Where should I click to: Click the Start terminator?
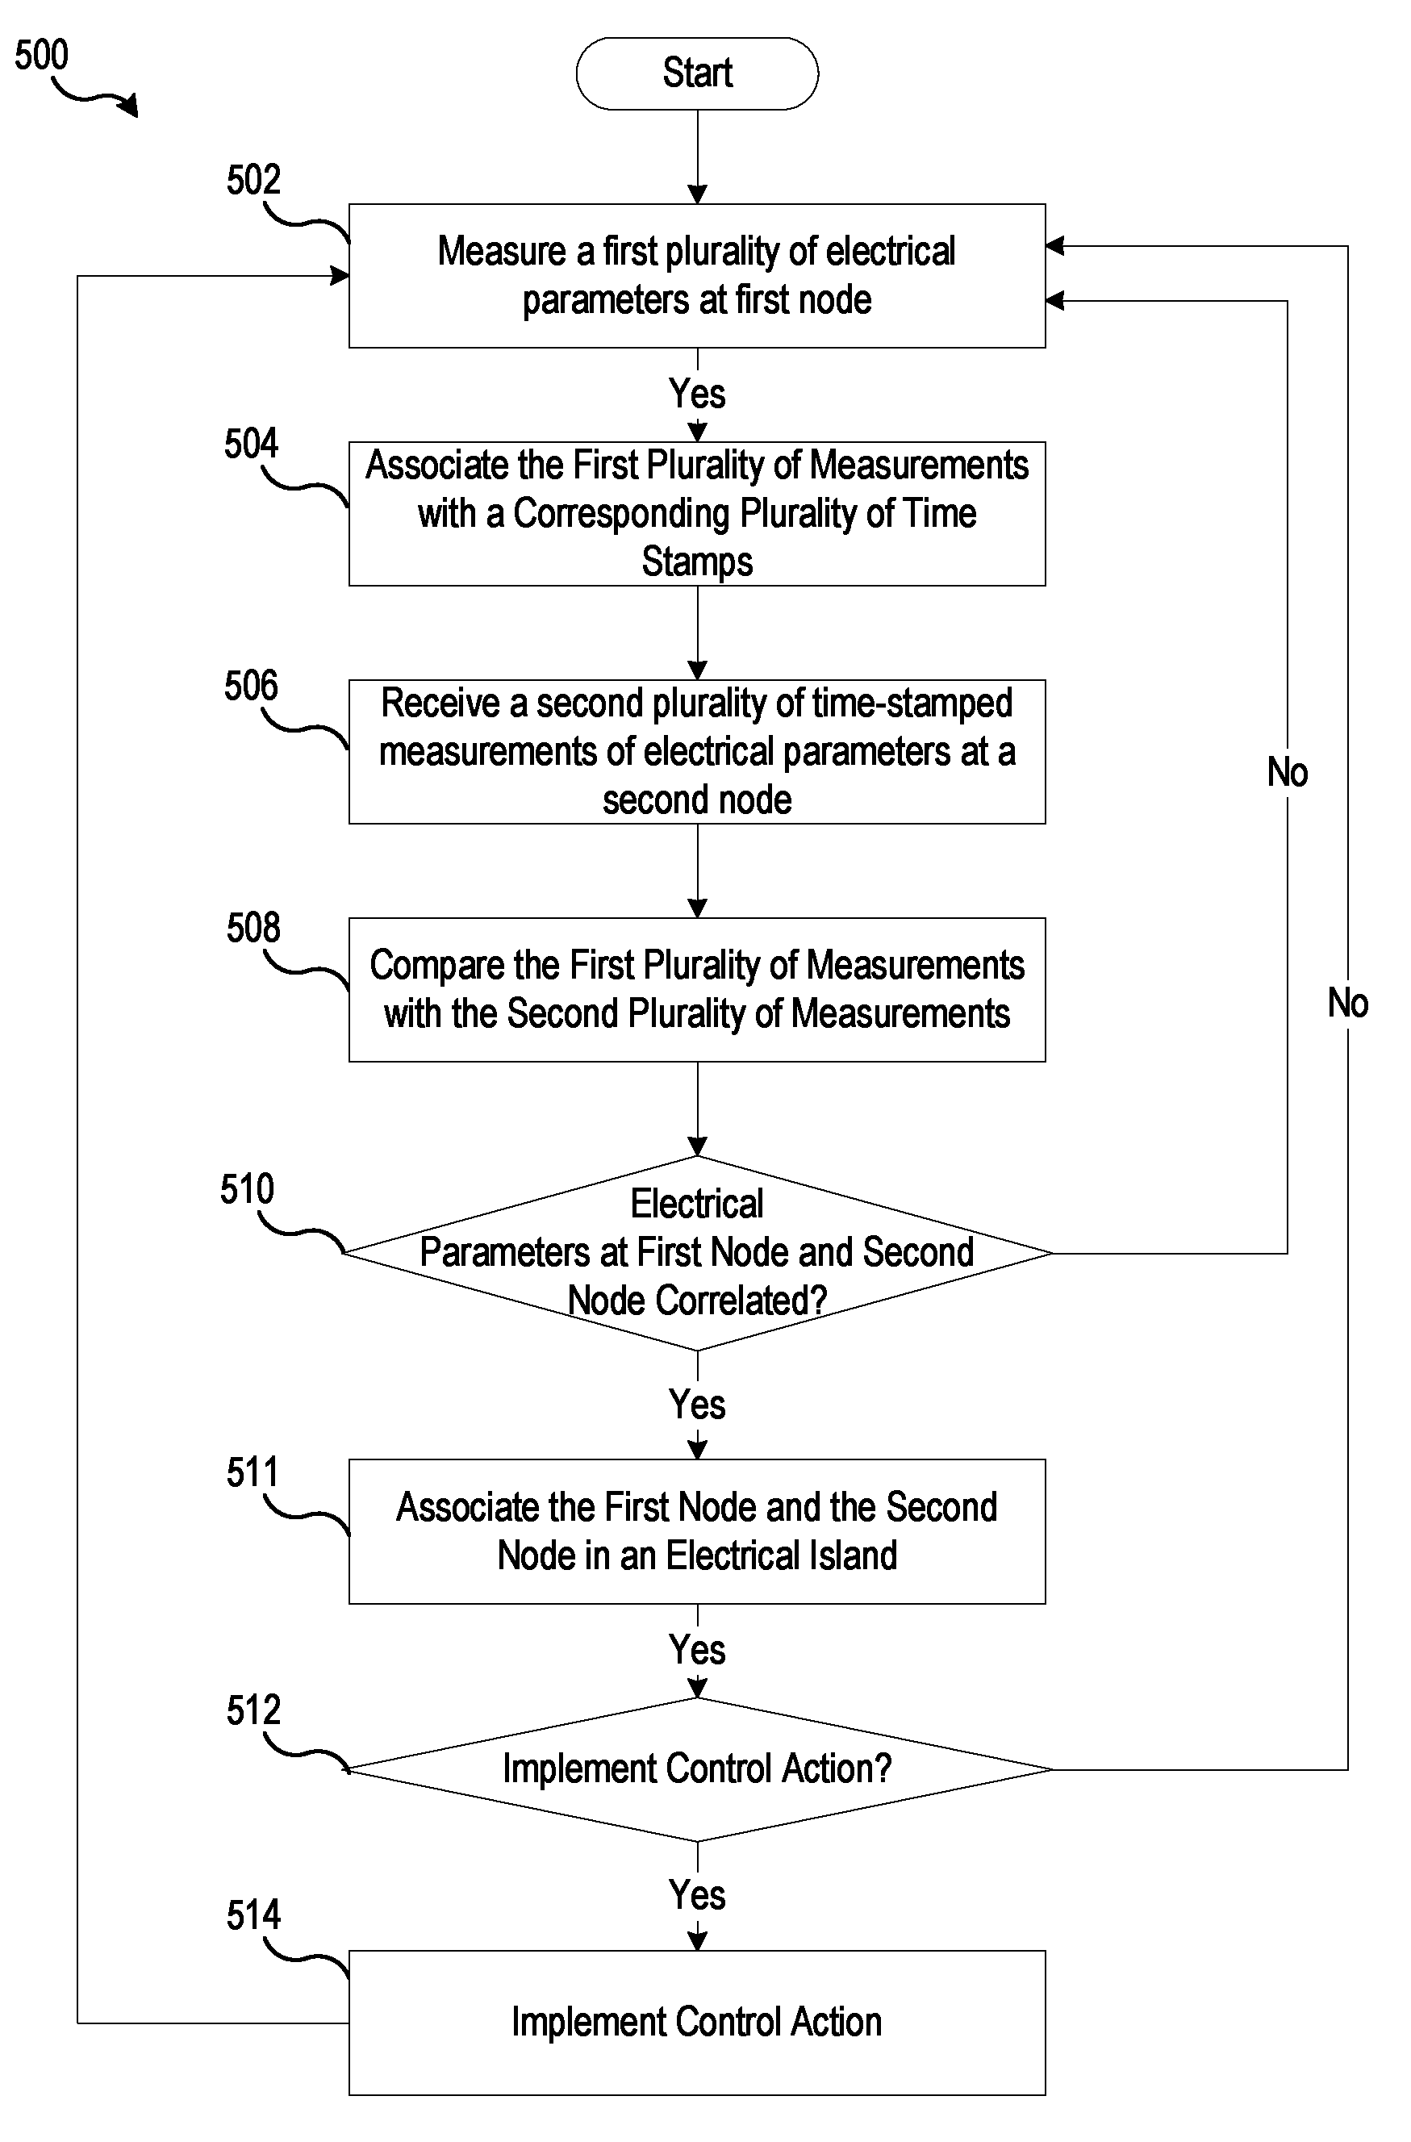(x=696, y=73)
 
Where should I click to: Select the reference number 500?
(x=41, y=55)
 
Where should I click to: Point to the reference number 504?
(x=251, y=444)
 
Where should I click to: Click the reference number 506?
(x=251, y=686)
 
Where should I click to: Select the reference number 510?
(x=247, y=1190)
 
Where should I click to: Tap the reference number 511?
(x=253, y=1473)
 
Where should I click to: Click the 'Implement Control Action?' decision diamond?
(x=697, y=1769)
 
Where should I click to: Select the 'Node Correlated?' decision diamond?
(x=697, y=1253)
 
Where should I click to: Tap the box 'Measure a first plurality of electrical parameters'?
(x=697, y=275)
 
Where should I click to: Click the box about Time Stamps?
(x=697, y=514)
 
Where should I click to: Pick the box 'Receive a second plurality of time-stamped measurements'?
(x=697, y=751)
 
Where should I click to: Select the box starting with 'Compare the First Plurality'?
(x=697, y=990)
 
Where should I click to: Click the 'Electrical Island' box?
(x=697, y=1532)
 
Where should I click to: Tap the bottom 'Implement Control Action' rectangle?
(x=697, y=2023)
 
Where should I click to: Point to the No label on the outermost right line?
(x=1348, y=1003)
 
